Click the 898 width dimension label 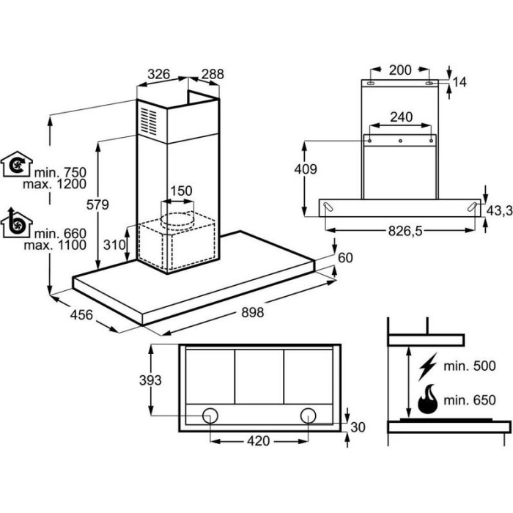tap(253, 312)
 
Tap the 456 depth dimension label tap(81, 314)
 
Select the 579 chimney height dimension tap(97, 204)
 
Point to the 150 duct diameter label tap(181, 191)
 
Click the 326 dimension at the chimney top tap(159, 74)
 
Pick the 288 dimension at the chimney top tap(213, 74)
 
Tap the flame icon tap(427, 399)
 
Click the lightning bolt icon tap(427, 366)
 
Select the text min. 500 tap(470, 366)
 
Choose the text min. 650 tap(470, 400)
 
